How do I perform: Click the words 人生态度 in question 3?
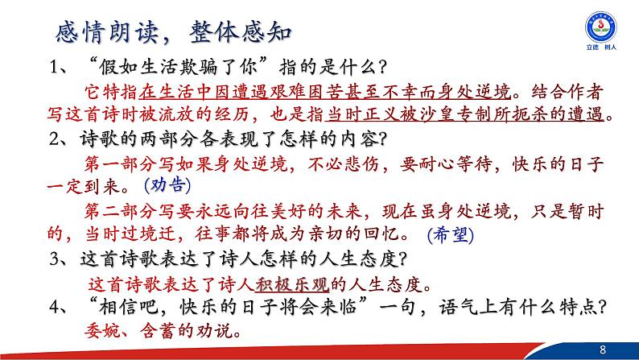[361, 259]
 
